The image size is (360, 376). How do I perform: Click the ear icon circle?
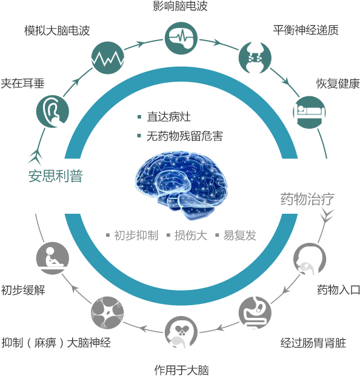click(53, 111)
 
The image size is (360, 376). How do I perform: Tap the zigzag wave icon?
click(108, 58)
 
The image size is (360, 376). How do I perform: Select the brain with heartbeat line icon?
click(181, 38)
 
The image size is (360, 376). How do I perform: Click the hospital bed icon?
click(310, 112)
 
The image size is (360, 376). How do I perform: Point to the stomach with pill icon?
click(255, 312)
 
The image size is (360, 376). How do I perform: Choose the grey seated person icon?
click(53, 258)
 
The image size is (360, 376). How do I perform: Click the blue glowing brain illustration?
click(181, 185)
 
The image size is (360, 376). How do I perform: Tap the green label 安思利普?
click(55, 176)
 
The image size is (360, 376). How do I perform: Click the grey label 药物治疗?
click(307, 199)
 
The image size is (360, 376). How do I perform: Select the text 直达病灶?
click(168, 117)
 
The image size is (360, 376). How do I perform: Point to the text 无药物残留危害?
click(185, 136)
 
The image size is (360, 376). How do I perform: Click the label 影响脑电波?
click(180, 6)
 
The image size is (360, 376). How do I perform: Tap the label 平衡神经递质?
click(306, 30)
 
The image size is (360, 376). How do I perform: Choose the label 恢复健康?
click(338, 84)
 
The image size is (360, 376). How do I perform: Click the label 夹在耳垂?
click(22, 83)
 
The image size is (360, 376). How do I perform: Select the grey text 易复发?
click(240, 236)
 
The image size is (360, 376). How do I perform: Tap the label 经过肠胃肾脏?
click(313, 343)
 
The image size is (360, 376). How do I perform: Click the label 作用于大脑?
click(181, 370)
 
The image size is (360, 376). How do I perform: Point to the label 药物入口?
click(338, 290)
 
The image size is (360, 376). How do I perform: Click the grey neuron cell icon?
click(107, 312)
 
